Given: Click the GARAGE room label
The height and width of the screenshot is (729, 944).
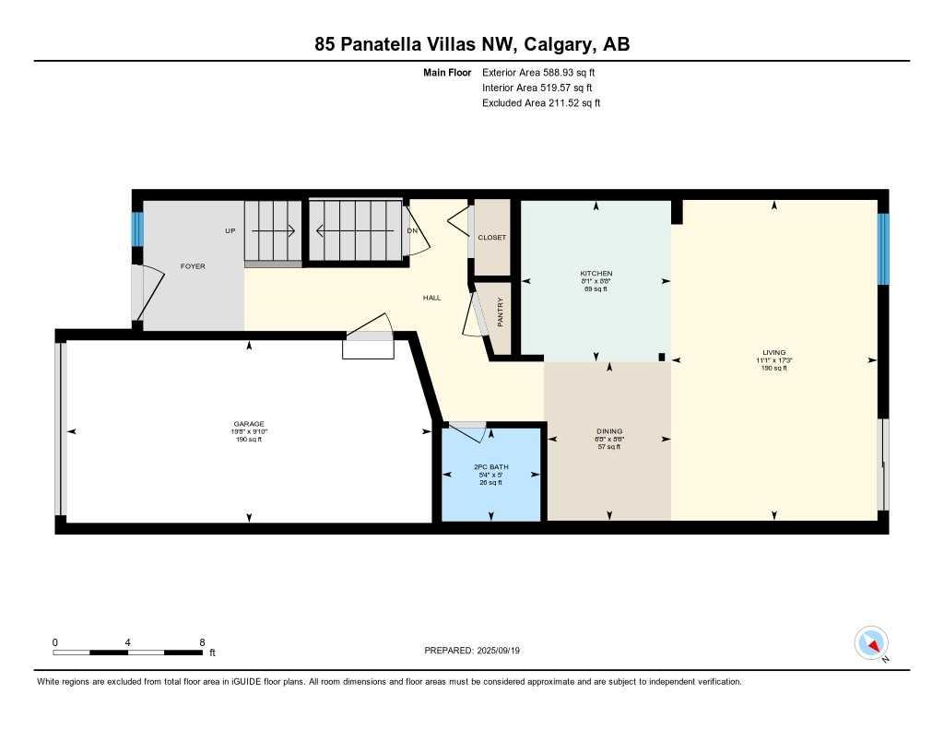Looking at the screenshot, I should click(x=249, y=424).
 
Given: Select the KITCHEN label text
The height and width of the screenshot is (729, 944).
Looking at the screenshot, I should click(x=596, y=274).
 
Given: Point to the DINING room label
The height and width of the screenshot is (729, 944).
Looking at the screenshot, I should click(x=609, y=431).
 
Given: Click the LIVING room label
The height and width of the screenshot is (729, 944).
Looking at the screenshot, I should click(x=774, y=353).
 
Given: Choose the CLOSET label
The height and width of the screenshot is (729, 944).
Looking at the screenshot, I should click(x=492, y=238).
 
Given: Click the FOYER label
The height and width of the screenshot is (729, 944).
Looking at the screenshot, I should click(x=193, y=266).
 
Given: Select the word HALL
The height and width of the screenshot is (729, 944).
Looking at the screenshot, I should click(x=431, y=298).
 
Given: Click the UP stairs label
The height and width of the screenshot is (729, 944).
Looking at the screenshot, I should click(x=230, y=231).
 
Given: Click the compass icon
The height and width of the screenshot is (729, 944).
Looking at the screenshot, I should click(x=871, y=642).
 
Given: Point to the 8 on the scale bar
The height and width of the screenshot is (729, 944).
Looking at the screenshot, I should click(x=202, y=641).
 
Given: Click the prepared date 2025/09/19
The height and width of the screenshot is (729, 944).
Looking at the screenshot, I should click(x=505, y=651).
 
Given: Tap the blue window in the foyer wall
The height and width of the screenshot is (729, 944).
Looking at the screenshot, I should click(x=137, y=230).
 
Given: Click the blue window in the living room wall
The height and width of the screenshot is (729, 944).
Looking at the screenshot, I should click(x=883, y=249).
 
